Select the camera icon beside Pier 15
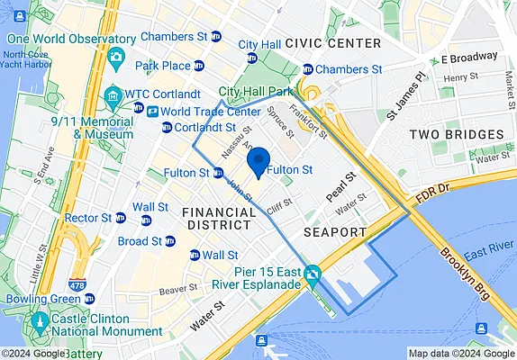point(313,273)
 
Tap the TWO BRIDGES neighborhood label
point(456,134)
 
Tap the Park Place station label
point(162,66)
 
